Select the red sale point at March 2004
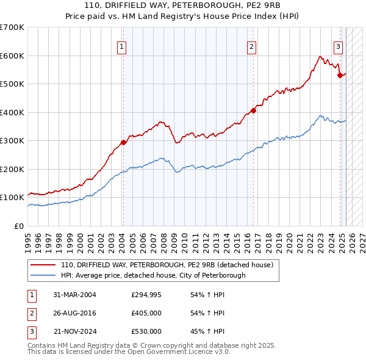pyautogui.click(x=123, y=142)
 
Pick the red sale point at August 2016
pyautogui.click(x=253, y=111)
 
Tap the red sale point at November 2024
pyautogui.click(x=340, y=76)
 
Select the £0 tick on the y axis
pyautogui.click(x=20, y=226)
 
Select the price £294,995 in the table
pyautogui.click(x=146, y=295)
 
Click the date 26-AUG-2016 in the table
pyautogui.click(x=74, y=313)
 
